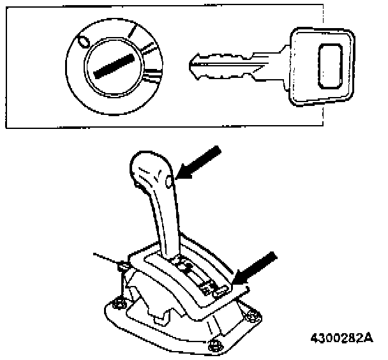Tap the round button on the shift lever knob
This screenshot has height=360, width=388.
point(168,183)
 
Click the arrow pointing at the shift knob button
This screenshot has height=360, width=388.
point(199,164)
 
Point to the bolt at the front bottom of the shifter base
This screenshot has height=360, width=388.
point(216,345)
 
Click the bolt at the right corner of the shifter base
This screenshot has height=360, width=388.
point(253,315)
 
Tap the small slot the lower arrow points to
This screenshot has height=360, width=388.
point(218,290)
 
